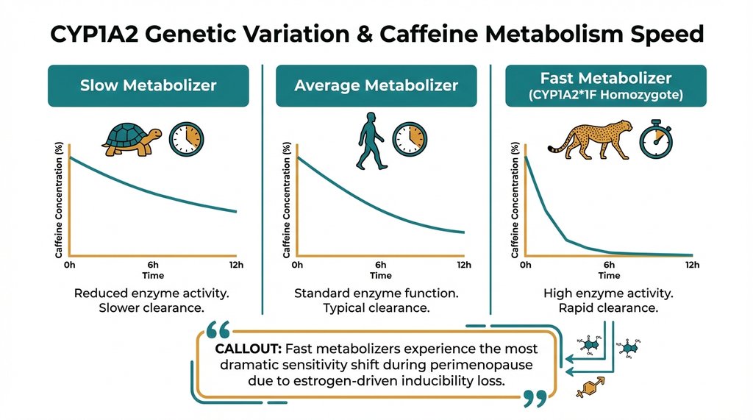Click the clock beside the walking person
coord(409,138)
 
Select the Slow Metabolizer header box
coord(148,86)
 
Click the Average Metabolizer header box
coord(376,86)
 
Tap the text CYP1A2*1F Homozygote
coord(607,94)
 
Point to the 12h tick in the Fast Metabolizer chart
coord(690,265)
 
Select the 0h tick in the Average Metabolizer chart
coord(297,265)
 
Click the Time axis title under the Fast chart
coord(608,276)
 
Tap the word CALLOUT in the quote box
coord(246,349)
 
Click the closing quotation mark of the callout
coord(535,398)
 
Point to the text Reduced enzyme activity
coord(151,293)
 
